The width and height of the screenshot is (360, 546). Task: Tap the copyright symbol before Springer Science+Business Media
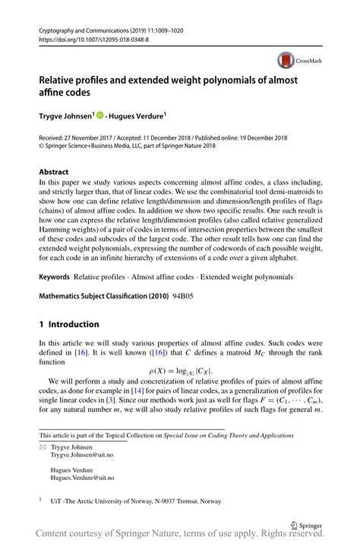[x=42, y=147]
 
